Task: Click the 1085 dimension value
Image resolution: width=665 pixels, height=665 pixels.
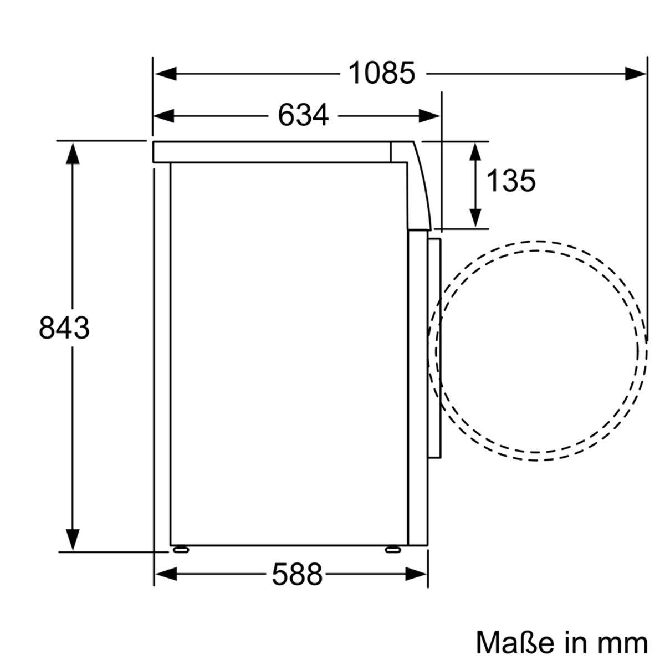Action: click(x=382, y=73)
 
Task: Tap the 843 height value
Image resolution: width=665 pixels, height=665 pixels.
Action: click(x=64, y=328)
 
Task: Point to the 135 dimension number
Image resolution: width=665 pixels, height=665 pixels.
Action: click(x=511, y=181)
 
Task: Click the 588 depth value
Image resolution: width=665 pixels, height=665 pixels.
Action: click(x=297, y=574)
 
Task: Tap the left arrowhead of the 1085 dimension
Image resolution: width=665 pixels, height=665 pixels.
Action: click(x=166, y=74)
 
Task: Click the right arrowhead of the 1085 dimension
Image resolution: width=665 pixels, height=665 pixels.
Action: click(x=635, y=74)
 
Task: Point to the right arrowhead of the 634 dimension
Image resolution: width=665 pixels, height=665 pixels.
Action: click(x=429, y=116)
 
